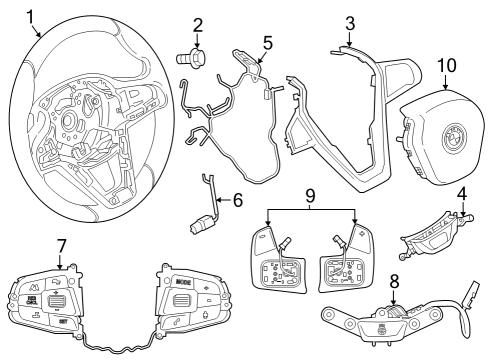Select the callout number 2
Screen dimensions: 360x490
198,25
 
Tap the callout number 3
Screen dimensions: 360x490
349,23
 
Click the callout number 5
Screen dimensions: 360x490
267,43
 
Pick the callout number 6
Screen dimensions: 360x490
237,199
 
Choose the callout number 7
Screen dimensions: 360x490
61,245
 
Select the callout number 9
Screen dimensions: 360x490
309,195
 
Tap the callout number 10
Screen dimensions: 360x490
447,66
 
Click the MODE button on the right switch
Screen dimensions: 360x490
182,282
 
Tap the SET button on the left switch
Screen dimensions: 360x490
61,322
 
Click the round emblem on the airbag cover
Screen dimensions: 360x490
449,134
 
